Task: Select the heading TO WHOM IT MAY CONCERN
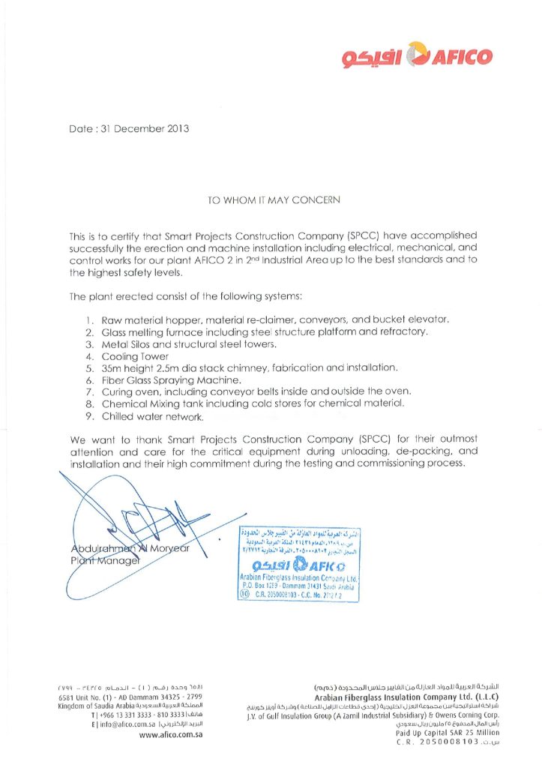(x=273, y=200)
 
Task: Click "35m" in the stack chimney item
(x=113, y=368)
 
